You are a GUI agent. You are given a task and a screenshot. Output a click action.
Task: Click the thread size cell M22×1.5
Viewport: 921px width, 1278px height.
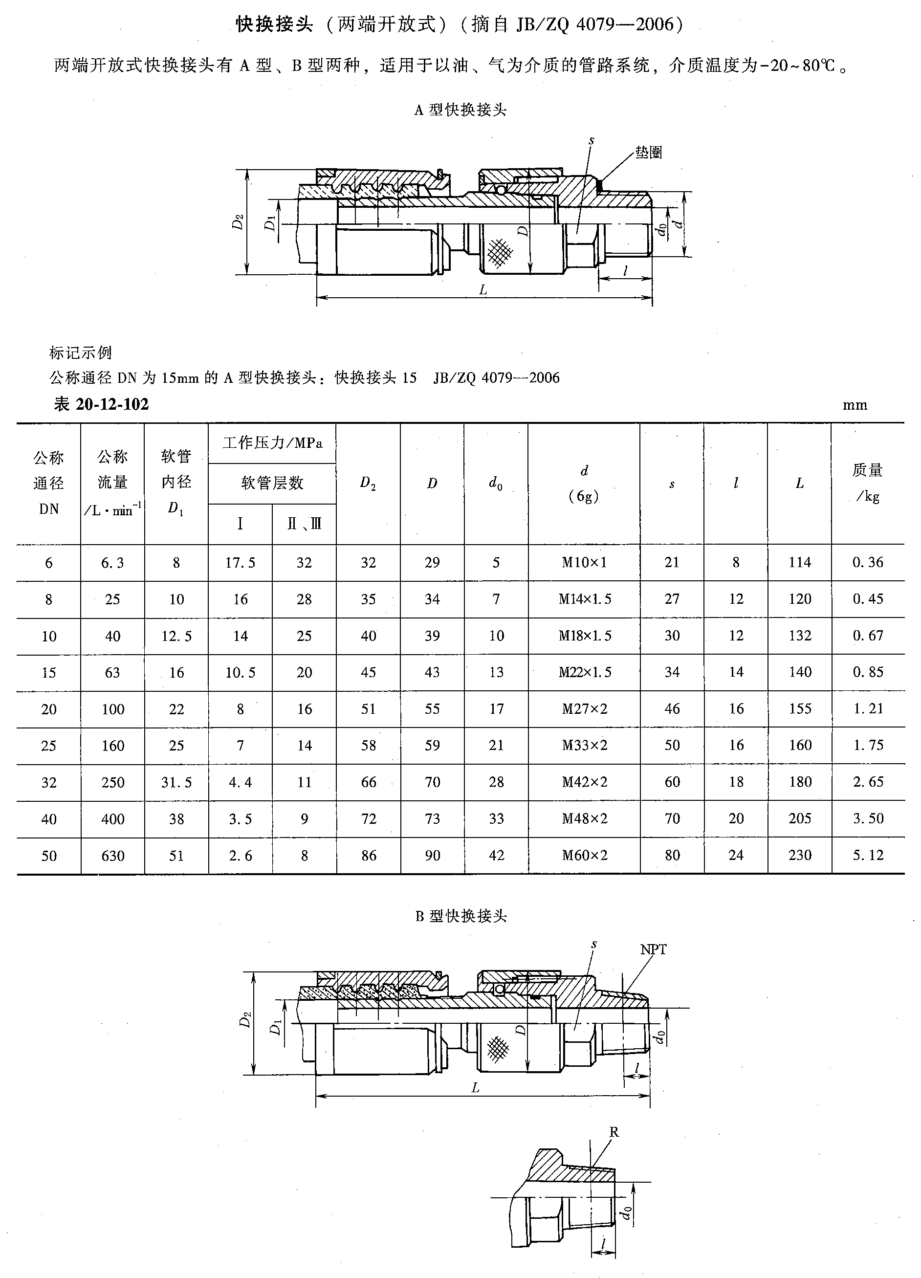584,672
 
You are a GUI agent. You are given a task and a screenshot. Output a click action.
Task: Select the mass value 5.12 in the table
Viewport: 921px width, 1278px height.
868,856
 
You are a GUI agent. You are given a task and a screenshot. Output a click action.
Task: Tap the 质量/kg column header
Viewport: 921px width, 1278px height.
868,483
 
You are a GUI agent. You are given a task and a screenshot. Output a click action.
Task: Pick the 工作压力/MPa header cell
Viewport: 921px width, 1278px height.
272,443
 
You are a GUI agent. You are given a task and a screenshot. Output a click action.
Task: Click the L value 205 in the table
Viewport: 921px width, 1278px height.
800,819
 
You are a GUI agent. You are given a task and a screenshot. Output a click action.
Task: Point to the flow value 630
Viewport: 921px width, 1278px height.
112,856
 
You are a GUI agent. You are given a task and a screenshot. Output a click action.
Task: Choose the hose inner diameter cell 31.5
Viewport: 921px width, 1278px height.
176,782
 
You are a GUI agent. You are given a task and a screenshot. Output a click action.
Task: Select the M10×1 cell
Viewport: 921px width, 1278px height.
584,562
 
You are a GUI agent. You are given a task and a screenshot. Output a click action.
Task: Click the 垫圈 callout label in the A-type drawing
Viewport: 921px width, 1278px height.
648,153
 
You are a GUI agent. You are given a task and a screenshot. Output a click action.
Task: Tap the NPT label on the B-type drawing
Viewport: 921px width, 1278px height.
654,949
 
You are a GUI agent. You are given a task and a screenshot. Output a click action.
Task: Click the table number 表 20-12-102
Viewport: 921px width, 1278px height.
101,404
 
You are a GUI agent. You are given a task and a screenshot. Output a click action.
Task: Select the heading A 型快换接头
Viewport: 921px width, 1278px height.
460,110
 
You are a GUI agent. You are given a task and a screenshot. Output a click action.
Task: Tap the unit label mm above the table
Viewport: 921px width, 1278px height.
855,405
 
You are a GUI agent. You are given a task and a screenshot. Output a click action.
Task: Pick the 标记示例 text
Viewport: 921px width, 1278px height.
81,353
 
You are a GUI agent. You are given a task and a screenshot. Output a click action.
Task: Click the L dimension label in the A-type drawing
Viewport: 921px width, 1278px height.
483,290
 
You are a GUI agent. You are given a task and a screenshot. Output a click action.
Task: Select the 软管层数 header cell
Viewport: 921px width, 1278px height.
272,483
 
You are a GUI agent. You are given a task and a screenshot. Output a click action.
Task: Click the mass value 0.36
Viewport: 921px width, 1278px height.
868,562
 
